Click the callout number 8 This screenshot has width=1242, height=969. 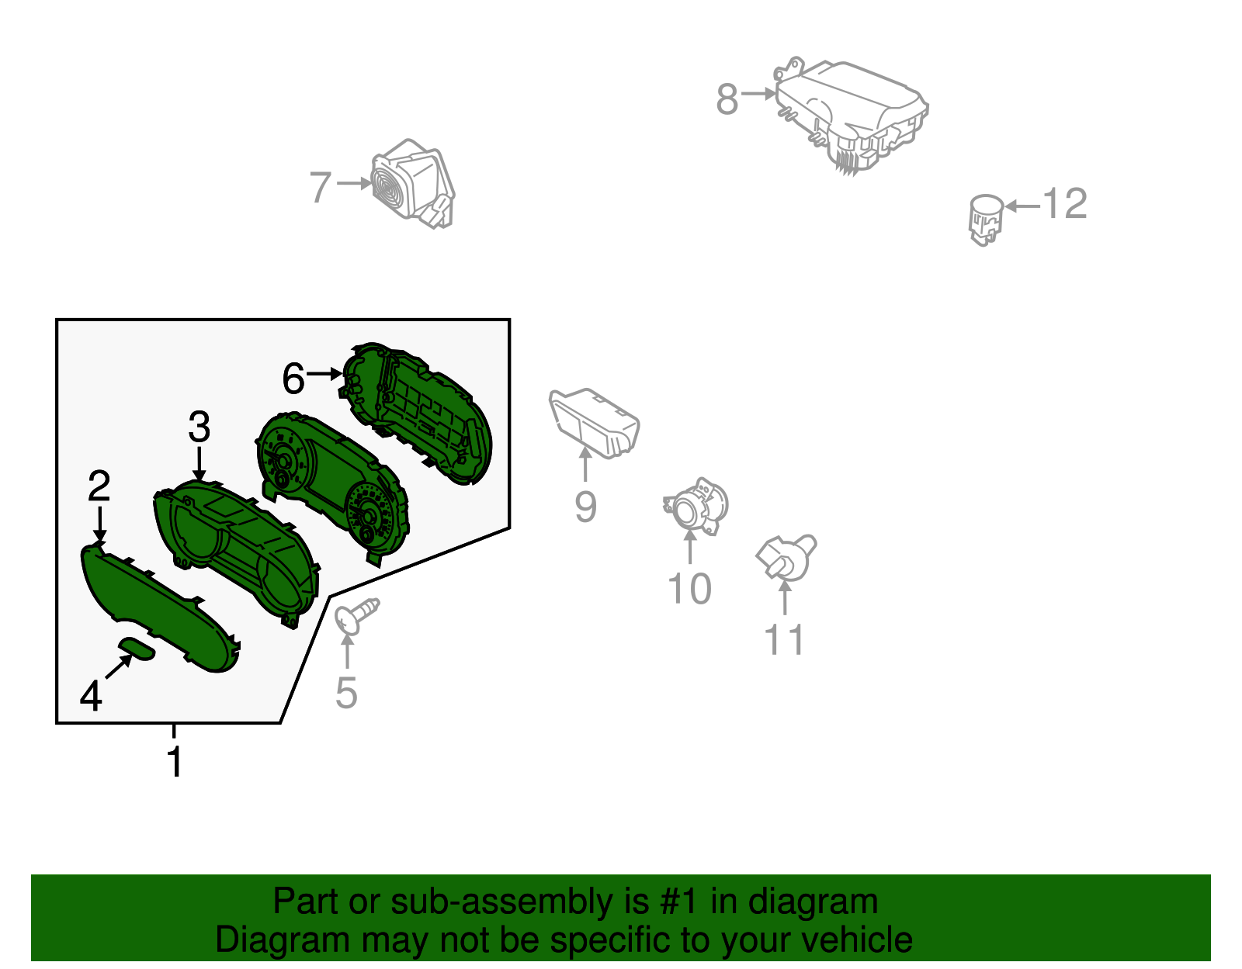727,99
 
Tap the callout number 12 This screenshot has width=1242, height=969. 1064,205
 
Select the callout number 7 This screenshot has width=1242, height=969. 321,188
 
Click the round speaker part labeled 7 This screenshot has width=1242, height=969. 411,184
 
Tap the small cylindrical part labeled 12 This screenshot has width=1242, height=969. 985,217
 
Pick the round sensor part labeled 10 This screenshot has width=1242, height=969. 696,507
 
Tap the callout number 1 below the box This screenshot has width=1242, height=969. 175,762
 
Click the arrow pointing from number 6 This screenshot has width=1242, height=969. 324,374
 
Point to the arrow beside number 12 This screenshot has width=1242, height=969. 1022,206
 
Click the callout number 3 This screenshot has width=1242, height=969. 199,427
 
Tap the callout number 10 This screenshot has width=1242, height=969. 689,589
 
